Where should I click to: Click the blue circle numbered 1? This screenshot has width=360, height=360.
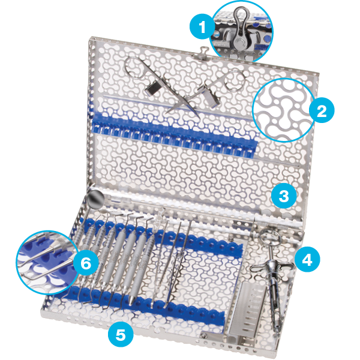coord(202,27)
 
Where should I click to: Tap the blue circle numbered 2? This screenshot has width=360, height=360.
coord(322,110)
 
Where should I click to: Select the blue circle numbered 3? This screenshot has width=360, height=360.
coord(284,196)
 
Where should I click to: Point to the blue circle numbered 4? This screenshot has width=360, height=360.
coord(307,260)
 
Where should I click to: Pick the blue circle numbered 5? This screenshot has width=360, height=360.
coord(121,335)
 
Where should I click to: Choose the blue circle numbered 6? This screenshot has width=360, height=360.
coord(86,263)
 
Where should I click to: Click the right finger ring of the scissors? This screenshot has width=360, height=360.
coord(235,81)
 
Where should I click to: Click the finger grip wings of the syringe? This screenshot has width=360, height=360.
coord(272,267)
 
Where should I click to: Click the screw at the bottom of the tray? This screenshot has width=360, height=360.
coord(203,335)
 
